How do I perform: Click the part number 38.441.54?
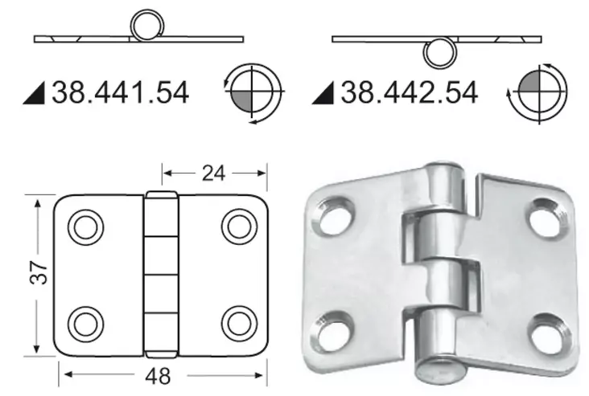[120, 92]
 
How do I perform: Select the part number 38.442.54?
[410, 92]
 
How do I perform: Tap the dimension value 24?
[214, 171]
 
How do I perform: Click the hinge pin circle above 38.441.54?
[147, 26]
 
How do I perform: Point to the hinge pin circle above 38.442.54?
[439, 53]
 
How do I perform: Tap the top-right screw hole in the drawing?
[238, 227]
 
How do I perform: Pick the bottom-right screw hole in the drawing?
[238, 323]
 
